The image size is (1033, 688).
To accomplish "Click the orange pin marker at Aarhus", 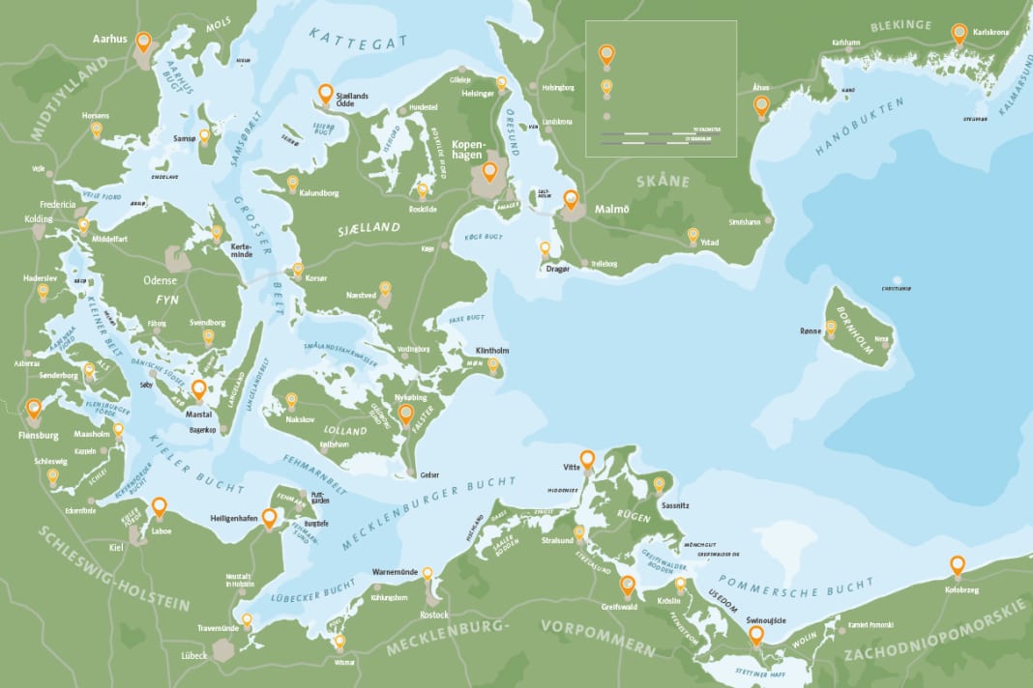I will [x=144, y=42].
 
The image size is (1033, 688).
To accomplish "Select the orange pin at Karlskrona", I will [x=959, y=33].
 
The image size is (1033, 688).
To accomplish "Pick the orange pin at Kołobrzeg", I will [x=957, y=564].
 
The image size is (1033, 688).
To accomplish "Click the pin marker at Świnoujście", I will [x=756, y=634].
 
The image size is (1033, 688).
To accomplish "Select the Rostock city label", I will [x=434, y=615].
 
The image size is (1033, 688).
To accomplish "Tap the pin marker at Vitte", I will [x=587, y=458].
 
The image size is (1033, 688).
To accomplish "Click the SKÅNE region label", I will [x=663, y=181].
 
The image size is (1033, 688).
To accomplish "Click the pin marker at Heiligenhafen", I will [x=270, y=517].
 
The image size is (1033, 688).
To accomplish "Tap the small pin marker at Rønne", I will [x=831, y=329].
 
